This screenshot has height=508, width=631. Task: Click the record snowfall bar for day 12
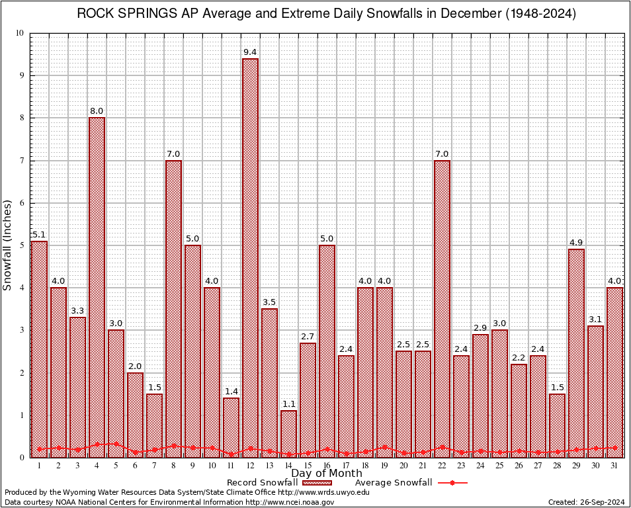(250, 258)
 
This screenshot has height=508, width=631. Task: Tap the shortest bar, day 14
(288, 434)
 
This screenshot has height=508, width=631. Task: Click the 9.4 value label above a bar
(250, 52)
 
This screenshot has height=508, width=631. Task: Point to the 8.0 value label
(97, 110)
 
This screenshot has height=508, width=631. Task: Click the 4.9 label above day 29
(576, 242)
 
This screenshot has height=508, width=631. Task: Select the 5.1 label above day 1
(39, 234)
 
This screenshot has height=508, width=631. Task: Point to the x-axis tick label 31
(614, 466)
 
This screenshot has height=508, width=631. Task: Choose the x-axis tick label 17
(346, 466)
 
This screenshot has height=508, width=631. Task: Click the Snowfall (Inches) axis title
(7, 245)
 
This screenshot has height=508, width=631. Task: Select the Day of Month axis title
(326, 474)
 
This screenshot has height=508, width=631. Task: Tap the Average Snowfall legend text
(393, 483)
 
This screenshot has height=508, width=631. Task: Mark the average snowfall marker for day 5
(116, 444)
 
